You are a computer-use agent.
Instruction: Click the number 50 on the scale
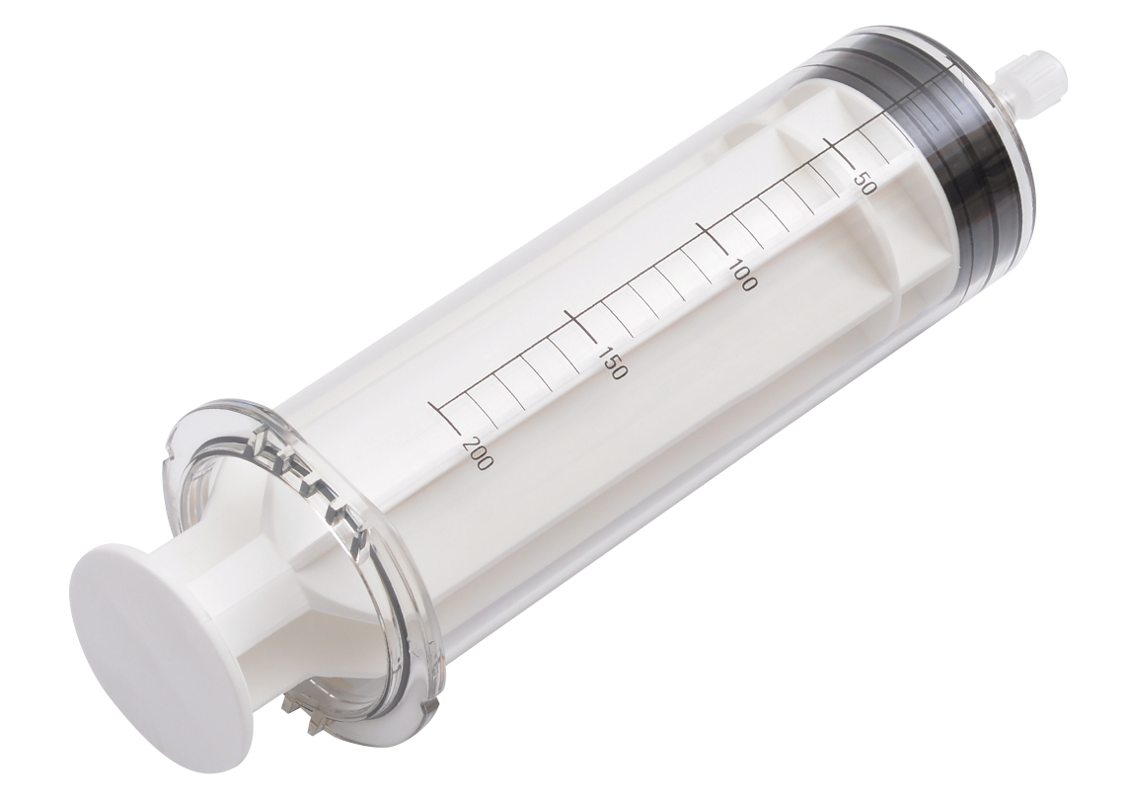point(861,178)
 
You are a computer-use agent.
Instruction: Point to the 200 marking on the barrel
point(478,452)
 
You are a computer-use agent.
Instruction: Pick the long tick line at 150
point(581,328)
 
